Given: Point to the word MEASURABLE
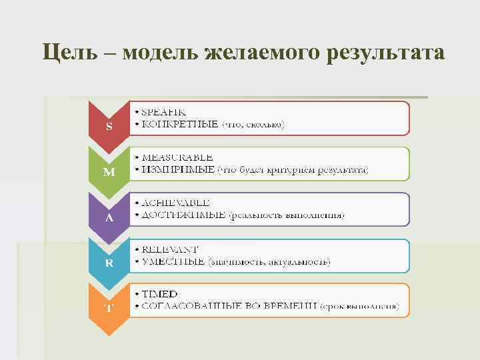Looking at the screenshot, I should pyautogui.click(x=177, y=158).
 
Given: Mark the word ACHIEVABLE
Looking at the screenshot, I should pyautogui.click(x=175, y=203).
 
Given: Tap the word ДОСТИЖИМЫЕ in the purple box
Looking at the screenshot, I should pyautogui.click(x=182, y=215).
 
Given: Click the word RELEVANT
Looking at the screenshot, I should pyautogui.click(x=170, y=249).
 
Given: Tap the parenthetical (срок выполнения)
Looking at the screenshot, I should pyautogui.click(x=359, y=306).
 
